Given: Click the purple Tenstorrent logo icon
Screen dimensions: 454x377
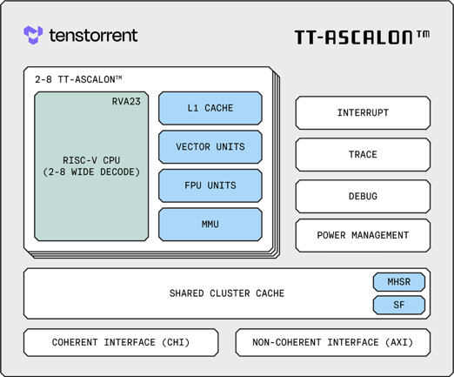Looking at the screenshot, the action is pos(33,35).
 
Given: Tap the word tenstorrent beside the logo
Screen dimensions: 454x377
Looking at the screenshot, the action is pos(93,36).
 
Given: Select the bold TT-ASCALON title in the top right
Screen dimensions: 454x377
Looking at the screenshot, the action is pos(362,37).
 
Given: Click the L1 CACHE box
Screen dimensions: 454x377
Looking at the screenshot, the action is pos(210,108).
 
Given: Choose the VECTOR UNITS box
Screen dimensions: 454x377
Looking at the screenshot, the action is pos(210,147).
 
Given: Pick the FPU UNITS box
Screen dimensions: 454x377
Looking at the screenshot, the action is pos(210,185).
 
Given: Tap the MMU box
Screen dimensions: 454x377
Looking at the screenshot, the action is pos(210,225).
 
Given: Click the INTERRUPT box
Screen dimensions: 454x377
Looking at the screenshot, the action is pos(363,113).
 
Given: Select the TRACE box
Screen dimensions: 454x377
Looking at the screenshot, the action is pos(363,155).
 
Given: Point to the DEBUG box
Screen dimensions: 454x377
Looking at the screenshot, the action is pos(363,197).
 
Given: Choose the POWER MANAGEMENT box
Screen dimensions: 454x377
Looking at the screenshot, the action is pos(363,235).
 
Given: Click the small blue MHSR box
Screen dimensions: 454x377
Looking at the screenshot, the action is pos(399,282).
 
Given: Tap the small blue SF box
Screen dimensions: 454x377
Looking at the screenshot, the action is pos(399,305).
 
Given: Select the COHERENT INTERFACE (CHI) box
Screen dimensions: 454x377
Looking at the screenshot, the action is pos(121,342).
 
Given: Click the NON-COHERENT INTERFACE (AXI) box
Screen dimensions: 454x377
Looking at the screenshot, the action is pos(333,342).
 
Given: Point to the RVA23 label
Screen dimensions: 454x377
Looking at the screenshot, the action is pos(126,102).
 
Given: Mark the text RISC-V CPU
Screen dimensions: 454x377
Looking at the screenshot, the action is pos(91,160).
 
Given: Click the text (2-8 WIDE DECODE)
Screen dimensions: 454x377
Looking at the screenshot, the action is pos(91,172).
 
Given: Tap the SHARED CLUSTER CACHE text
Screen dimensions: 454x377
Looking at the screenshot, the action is pos(227,293).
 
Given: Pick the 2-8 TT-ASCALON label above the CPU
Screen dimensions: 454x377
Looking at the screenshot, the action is pos(78,79).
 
